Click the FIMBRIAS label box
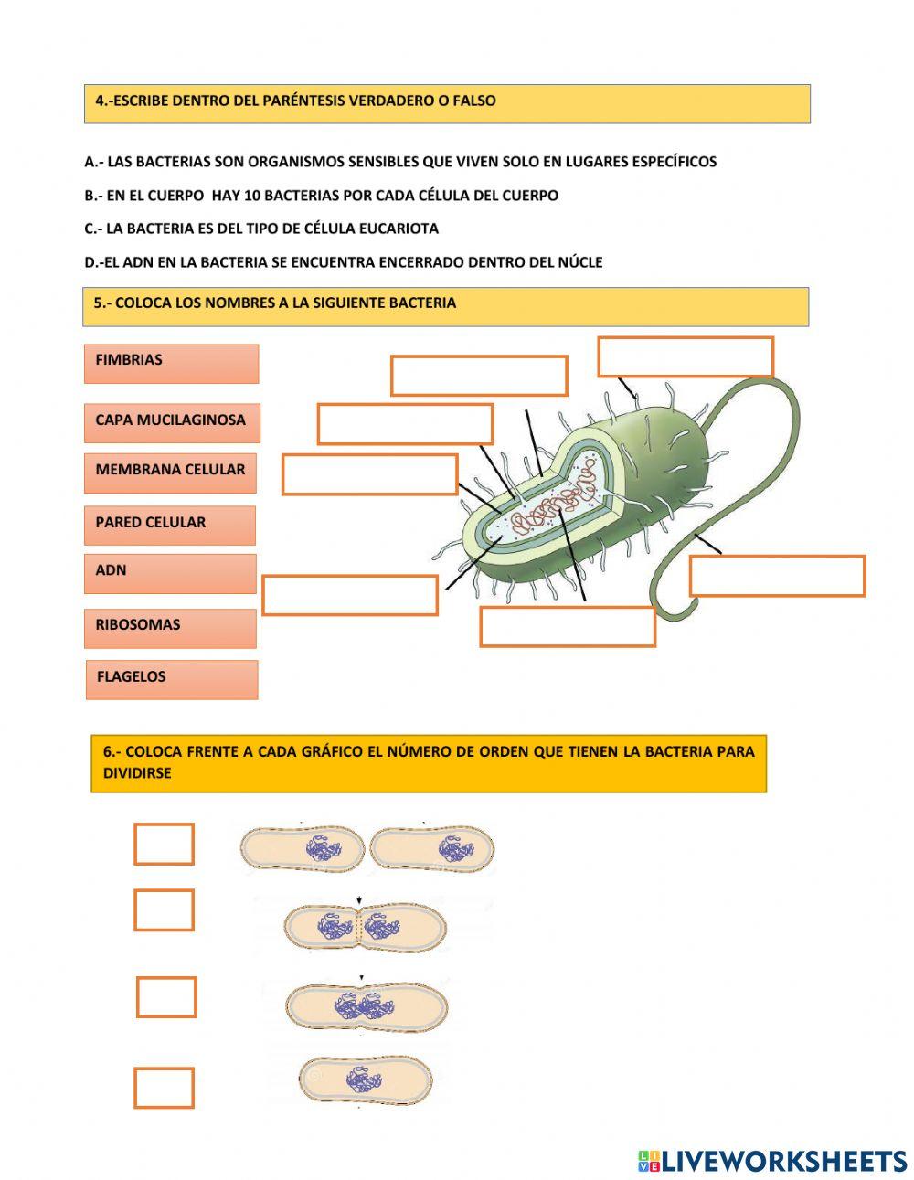(171, 363)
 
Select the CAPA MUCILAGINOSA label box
(171, 422)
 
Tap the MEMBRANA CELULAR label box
(170, 472)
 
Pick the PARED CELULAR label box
(170, 525)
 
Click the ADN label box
(170, 573)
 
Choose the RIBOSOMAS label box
(170, 628)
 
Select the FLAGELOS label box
(171, 679)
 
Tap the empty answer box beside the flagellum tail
(777, 576)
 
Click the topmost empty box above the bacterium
(685, 356)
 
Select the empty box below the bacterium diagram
(568, 626)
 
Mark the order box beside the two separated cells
(165, 844)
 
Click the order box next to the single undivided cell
(165, 1088)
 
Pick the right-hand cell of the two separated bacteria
(433, 849)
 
